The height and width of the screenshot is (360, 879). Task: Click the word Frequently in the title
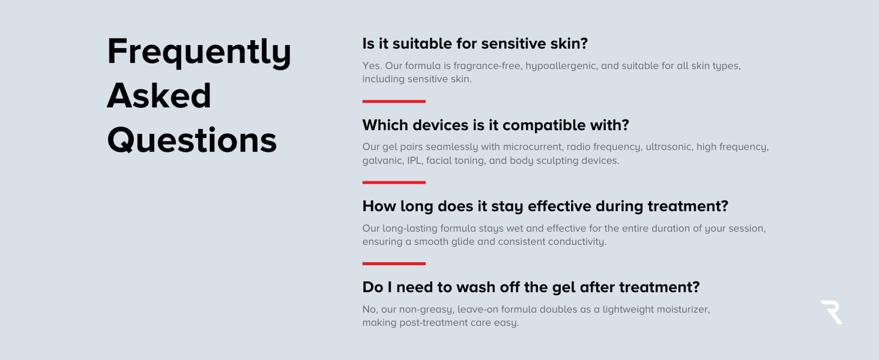(199, 53)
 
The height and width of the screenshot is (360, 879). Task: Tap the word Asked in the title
(159, 95)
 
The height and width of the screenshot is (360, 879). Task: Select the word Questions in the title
(192, 140)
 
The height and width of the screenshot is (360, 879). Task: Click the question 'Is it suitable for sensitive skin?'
(475, 44)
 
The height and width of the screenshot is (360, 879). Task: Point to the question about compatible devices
(496, 125)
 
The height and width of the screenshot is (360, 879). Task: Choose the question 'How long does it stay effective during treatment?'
(545, 206)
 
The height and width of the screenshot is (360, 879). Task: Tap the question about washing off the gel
(531, 288)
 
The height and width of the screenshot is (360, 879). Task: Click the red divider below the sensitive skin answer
(394, 102)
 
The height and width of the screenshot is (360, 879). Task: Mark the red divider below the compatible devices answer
(394, 182)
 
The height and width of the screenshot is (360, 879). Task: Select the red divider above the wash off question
(394, 263)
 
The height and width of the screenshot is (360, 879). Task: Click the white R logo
(832, 312)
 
